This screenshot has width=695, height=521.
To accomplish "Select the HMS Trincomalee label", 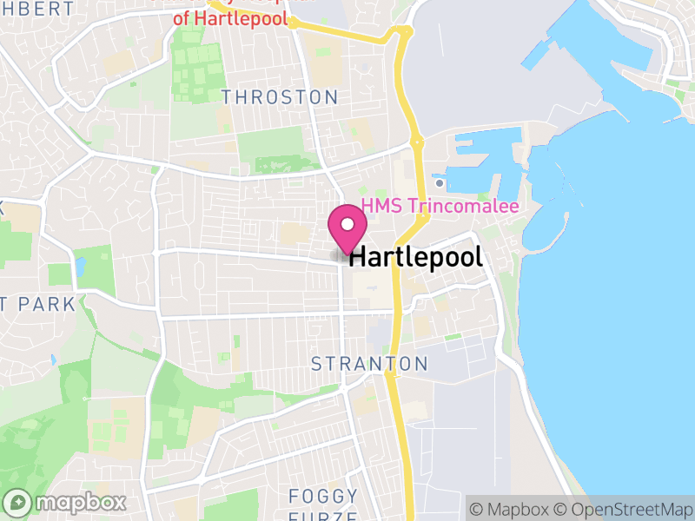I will pyautogui.click(x=440, y=207).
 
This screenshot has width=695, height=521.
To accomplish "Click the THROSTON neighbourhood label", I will pyautogui.click(x=279, y=96).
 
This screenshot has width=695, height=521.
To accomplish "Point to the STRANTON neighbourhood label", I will pyautogui.click(x=369, y=364).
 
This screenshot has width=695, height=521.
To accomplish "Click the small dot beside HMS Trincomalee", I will pyautogui.click(x=440, y=183).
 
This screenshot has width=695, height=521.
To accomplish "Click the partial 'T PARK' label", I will pyautogui.click(x=38, y=304).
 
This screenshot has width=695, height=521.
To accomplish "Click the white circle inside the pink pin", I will pyautogui.click(x=347, y=223).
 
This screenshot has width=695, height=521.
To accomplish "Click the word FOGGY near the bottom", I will pyautogui.click(x=323, y=497).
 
